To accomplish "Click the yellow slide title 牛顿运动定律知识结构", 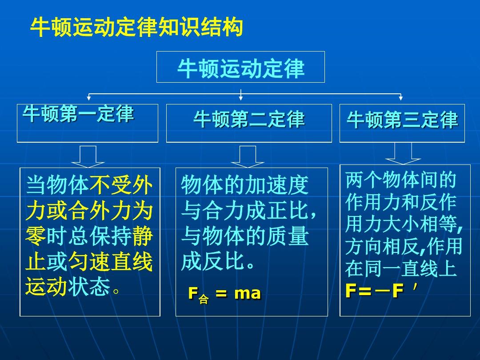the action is click(x=136, y=27).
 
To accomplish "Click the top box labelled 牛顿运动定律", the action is click(x=240, y=67).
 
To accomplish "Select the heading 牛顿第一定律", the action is click(x=78, y=114).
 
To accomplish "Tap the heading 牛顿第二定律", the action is click(x=249, y=119).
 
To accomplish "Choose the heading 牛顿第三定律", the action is click(x=402, y=120).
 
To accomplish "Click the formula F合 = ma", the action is click(x=224, y=294).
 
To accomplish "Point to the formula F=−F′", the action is click(x=381, y=290).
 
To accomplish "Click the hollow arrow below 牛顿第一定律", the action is click(x=88, y=156).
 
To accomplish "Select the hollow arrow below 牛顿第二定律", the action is click(x=248, y=156).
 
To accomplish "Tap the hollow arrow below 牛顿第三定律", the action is click(x=403, y=154).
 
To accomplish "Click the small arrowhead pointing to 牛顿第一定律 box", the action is click(x=89, y=98).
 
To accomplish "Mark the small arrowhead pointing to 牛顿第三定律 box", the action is click(x=401, y=98).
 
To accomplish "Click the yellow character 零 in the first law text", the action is click(x=36, y=236).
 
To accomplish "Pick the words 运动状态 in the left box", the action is click(x=68, y=287).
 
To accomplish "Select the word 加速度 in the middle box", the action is click(x=276, y=185).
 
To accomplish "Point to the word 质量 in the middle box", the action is click(x=287, y=236).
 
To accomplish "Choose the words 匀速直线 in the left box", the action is click(x=110, y=262).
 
